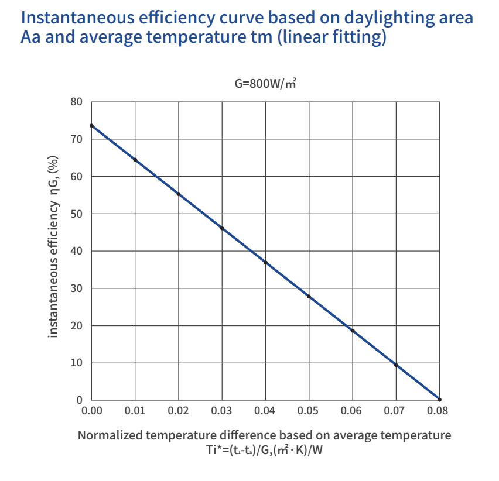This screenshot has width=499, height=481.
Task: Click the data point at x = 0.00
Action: point(91,126)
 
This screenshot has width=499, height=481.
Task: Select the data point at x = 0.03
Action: point(222,228)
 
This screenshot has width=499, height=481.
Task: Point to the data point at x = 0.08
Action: point(439,400)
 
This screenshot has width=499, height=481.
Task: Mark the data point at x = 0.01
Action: point(135,160)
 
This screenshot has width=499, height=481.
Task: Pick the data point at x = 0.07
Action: point(397,365)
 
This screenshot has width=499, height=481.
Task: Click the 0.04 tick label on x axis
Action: point(265,411)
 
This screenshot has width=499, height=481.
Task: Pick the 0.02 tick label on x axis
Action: point(179,411)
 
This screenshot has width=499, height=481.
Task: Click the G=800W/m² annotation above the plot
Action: point(265,84)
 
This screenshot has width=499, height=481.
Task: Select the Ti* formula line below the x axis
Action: point(265,449)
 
